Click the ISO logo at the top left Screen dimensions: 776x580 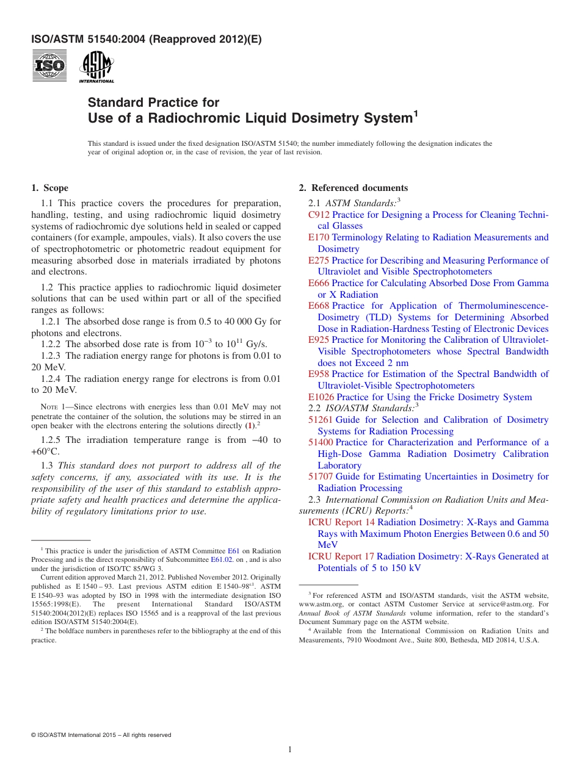pos(49,66)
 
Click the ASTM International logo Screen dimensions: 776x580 pos(96,66)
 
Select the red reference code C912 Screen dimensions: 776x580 pos(319,215)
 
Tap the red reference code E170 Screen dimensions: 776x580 pos(319,237)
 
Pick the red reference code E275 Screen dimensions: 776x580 pos(319,260)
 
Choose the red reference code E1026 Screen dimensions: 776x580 pos(321,397)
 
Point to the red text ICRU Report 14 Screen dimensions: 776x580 pos(341,522)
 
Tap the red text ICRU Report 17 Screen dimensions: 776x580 pos(341,556)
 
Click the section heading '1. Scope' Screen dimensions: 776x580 pos(50,188)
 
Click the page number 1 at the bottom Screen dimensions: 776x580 pos(290,749)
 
